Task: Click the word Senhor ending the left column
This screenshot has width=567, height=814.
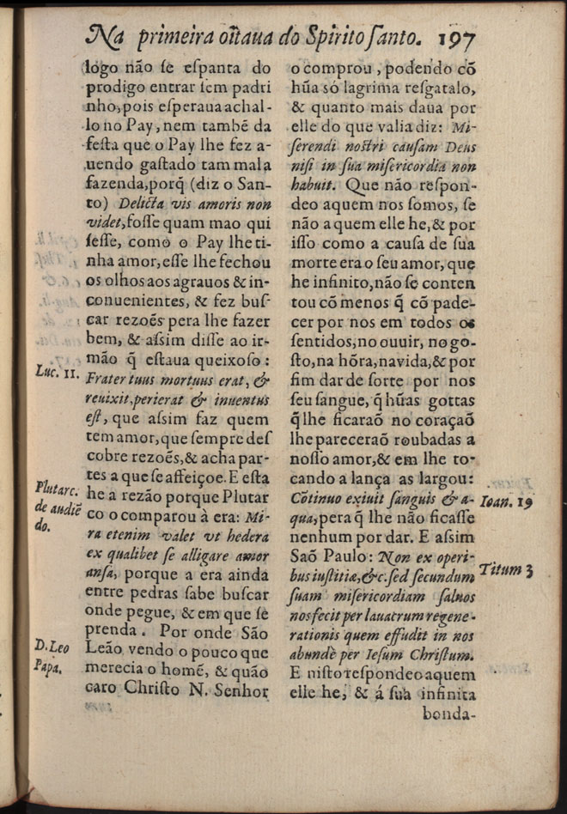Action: tap(242, 689)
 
